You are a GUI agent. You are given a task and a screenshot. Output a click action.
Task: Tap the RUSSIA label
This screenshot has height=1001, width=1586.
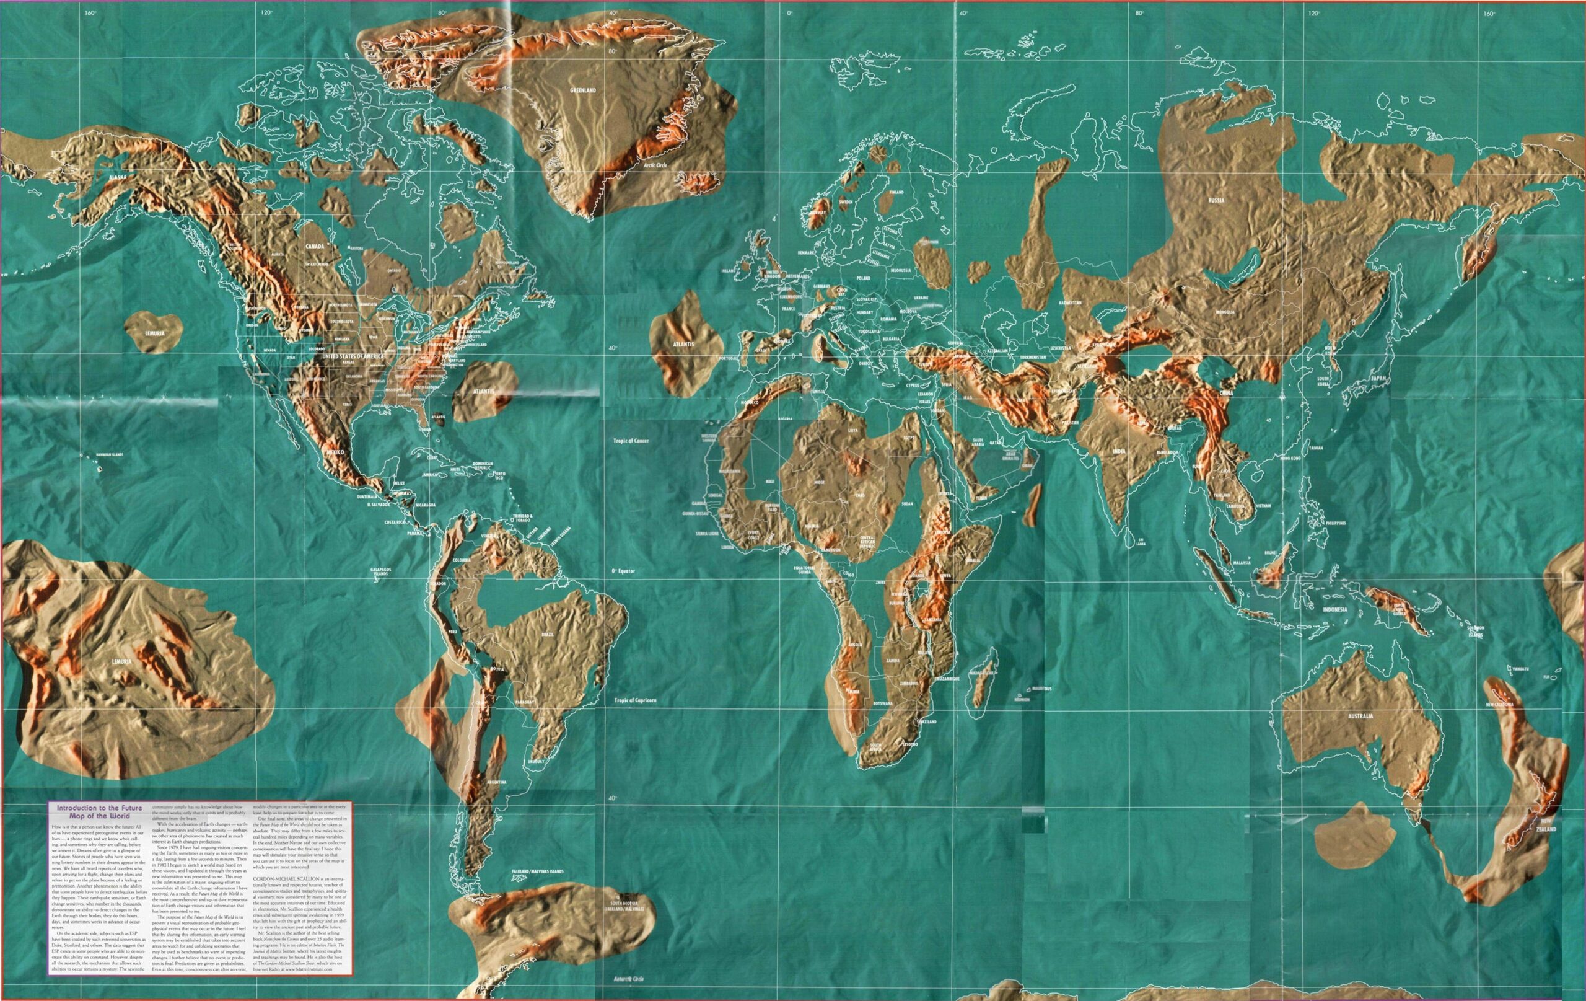click(1215, 200)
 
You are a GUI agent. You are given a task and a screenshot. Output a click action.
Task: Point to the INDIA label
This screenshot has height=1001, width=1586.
click(1118, 451)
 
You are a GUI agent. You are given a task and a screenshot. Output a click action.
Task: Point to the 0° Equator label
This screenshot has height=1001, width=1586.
click(623, 571)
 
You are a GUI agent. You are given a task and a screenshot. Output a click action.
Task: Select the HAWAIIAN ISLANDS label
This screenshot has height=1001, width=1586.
click(109, 456)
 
